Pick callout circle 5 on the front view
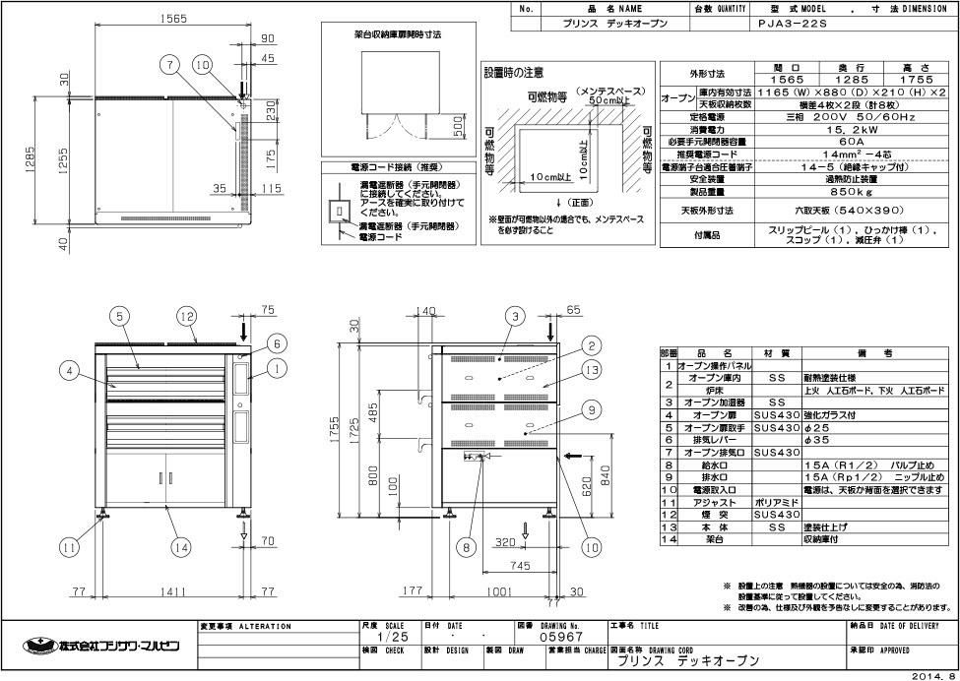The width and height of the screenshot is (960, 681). click(117, 316)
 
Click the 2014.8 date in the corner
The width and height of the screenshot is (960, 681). click(932, 675)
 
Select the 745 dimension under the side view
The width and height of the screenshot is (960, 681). click(521, 565)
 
